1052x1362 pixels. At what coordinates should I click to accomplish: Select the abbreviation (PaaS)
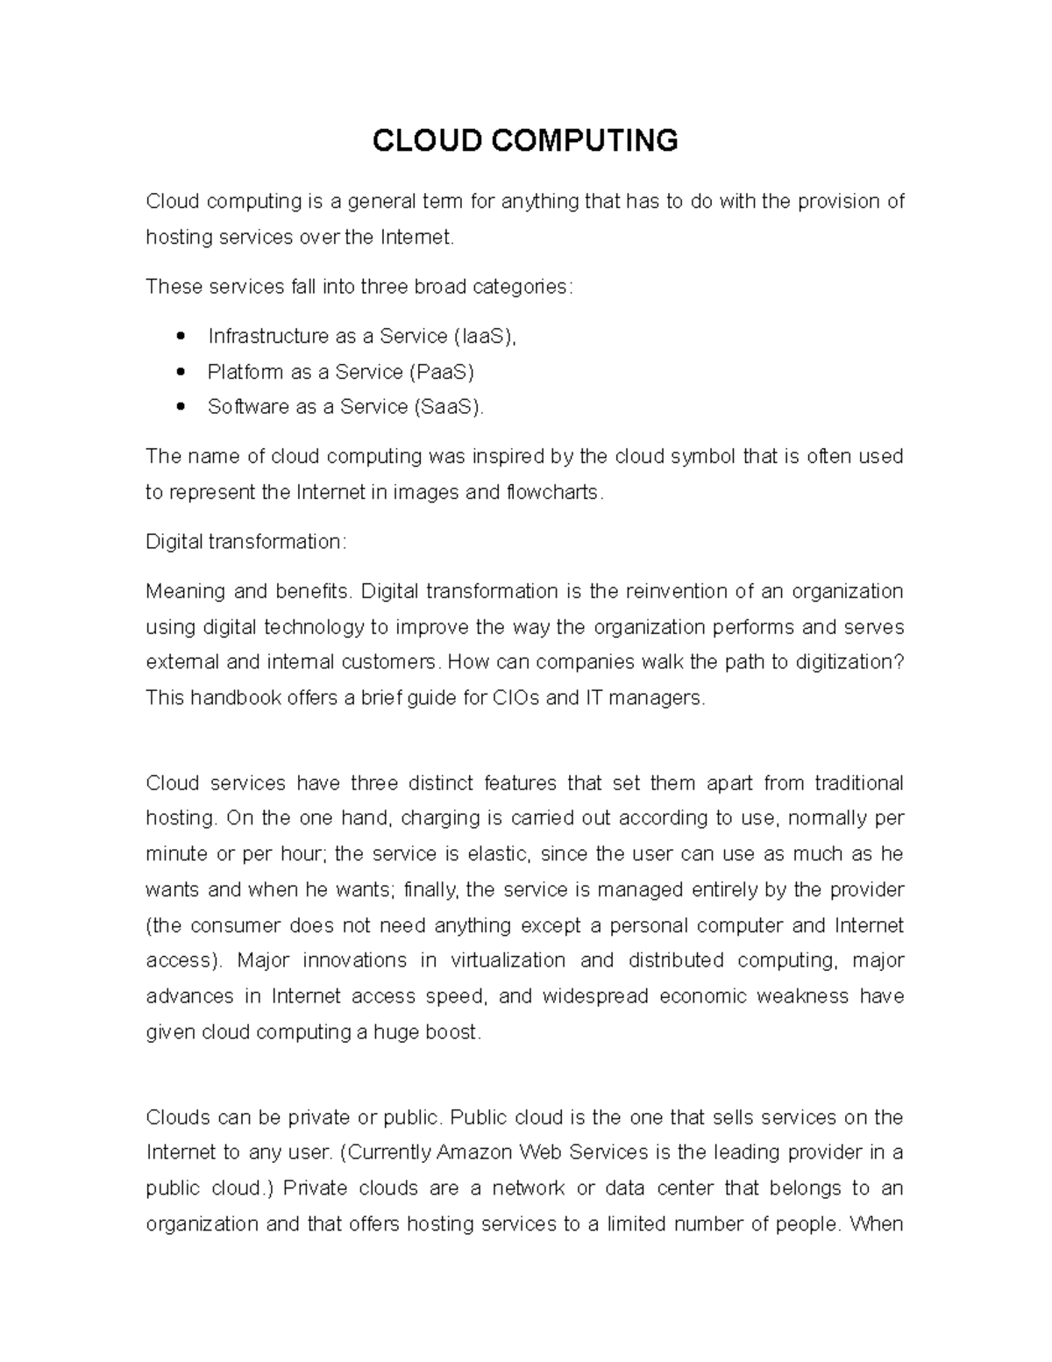pyautogui.click(x=442, y=372)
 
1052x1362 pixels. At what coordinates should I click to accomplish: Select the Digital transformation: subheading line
pyautogui.click(x=246, y=542)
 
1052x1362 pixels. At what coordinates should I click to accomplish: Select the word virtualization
pyautogui.click(x=508, y=961)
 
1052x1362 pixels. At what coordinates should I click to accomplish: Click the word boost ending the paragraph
pyautogui.click(x=455, y=1033)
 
